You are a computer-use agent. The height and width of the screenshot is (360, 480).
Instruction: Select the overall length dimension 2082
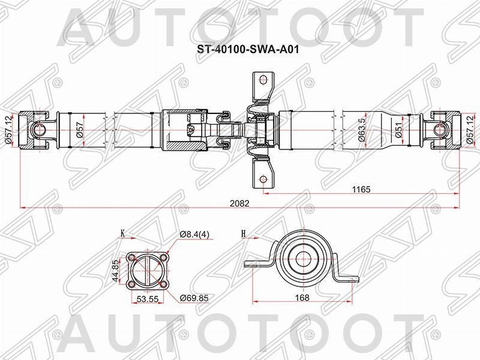tap(239, 203)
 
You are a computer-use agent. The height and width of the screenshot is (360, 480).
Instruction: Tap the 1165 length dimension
tap(361, 189)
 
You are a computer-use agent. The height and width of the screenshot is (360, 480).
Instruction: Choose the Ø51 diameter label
tap(399, 130)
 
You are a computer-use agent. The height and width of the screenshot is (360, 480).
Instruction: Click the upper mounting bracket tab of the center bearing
tap(261, 85)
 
